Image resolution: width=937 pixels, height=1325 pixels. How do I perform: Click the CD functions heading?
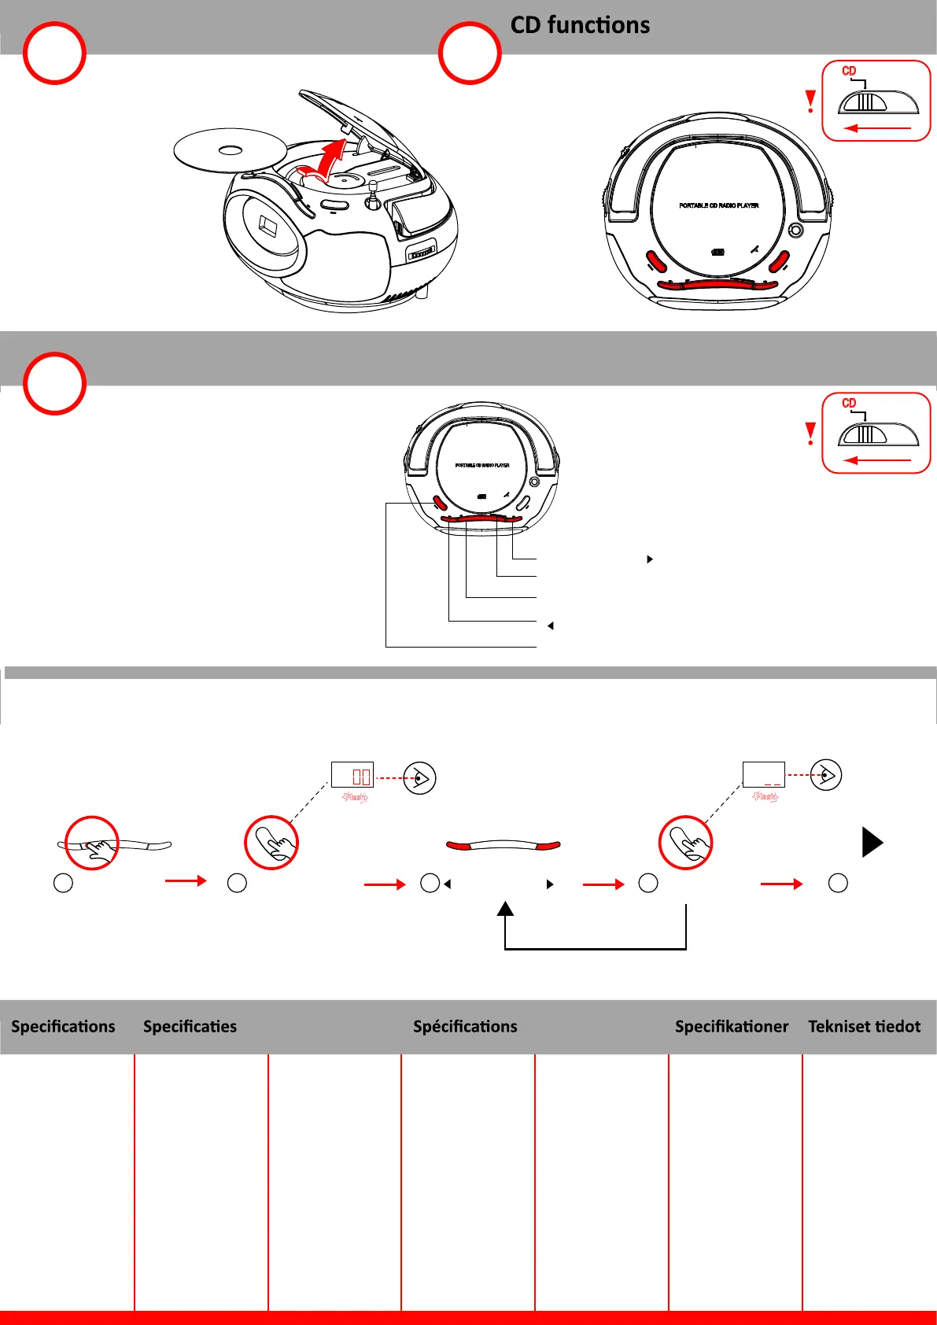pos(580,25)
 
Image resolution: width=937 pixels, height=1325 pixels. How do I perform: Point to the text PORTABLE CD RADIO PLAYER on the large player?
pos(718,205)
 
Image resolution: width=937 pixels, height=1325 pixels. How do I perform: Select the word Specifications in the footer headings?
pos(63,1026)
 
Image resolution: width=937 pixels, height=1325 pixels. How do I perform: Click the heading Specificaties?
pos(190,1026)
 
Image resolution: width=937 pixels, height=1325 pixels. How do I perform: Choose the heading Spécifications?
pos(465,1026)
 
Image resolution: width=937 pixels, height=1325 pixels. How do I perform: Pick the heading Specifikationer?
pos(731,1026)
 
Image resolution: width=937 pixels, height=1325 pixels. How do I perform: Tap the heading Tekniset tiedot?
pos(864,1026)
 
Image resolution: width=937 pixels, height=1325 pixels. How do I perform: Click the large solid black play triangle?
pos(872,842)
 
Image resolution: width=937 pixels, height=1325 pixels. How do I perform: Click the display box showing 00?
pos(352,775)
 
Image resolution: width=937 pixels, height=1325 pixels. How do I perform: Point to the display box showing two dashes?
pos(763,775)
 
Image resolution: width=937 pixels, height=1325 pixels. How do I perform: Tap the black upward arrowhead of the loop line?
pos(505,909)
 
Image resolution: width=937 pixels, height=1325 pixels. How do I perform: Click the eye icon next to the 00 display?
pos(420,777)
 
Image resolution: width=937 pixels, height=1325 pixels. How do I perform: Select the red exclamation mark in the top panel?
pos(810,101)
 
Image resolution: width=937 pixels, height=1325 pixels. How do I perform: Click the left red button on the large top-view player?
pos(656,261)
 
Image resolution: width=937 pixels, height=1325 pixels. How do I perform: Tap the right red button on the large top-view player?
pos(779,261)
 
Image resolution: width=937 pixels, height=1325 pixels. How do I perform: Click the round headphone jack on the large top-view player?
pos(796,230)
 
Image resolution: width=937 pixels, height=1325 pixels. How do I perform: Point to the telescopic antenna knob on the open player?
pos(374,186)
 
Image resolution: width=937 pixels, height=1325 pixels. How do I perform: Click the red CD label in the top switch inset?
pos(849,71)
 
